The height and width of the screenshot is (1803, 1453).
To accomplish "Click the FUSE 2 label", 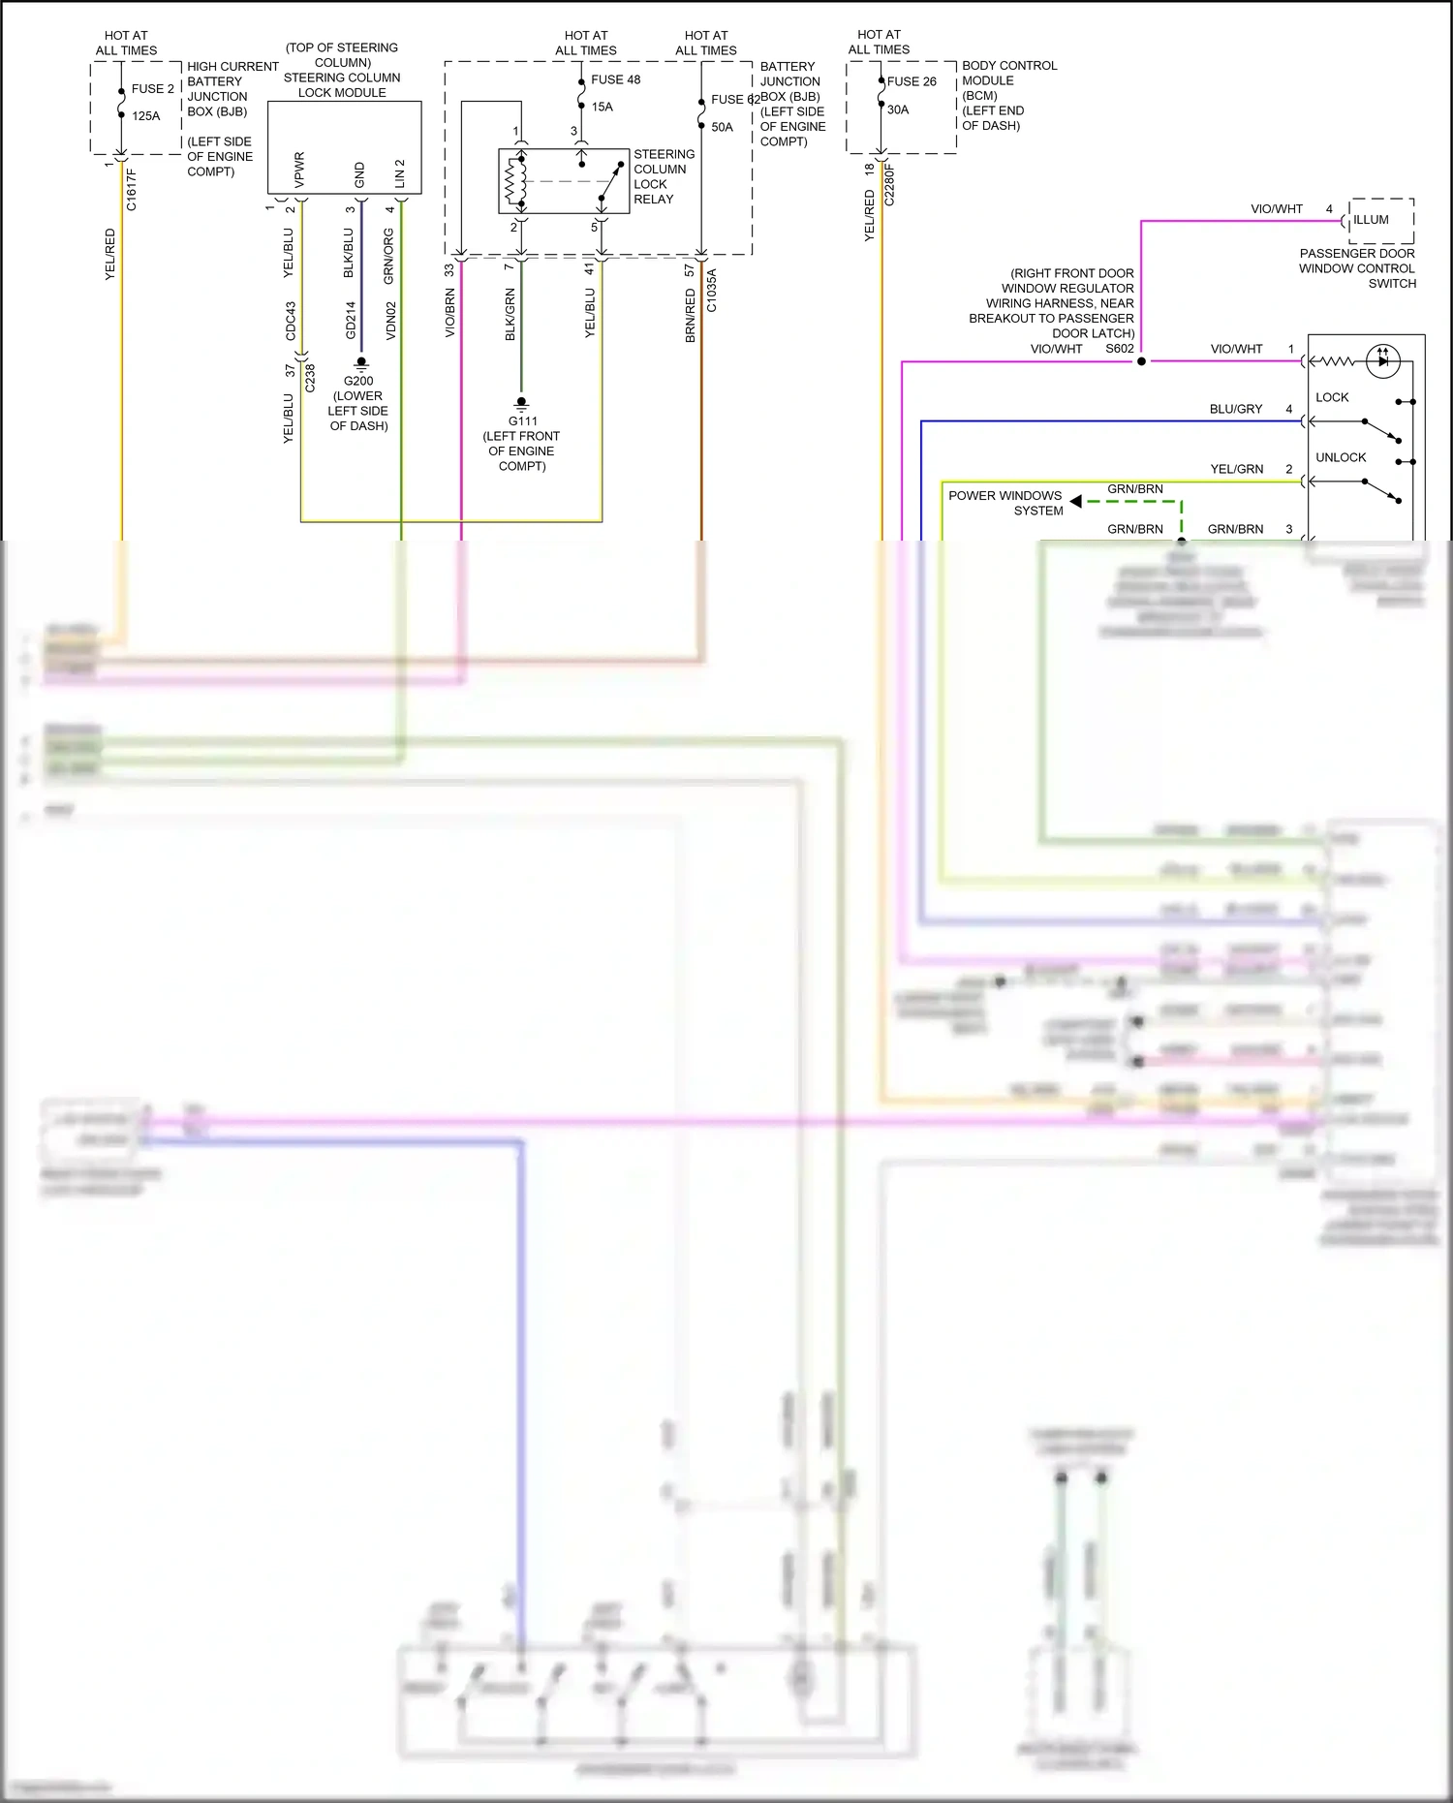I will point(153,89).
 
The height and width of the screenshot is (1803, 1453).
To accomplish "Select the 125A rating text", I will point(146,116).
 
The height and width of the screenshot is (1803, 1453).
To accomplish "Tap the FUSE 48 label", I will point(616,79).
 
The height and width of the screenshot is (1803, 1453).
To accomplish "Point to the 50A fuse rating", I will point(722,127).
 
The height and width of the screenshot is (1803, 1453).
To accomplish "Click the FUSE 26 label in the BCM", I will point(912,81).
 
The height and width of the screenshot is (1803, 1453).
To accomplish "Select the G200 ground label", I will point(358,381).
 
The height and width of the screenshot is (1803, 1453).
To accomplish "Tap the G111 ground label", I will point(523,421).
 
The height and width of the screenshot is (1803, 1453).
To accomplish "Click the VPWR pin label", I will point(299,170).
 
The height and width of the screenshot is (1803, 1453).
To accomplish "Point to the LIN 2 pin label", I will point(400,173).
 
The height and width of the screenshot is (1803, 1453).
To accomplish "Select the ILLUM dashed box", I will point(1380,221).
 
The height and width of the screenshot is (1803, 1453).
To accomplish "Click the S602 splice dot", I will point(1141,361).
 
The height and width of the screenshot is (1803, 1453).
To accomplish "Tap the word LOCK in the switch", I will point(1332,397).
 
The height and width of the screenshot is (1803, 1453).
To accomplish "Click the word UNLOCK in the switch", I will point(1341,457).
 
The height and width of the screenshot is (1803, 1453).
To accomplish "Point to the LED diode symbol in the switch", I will point(1382,360).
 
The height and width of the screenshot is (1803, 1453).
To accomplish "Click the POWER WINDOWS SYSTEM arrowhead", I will point(1076,502).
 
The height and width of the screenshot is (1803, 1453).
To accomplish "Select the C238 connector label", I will point(310,378).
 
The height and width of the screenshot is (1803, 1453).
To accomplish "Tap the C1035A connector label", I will point(711,291).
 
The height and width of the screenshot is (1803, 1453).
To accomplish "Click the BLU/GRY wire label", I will point(1235,409).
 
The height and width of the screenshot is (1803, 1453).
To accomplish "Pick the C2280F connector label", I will point(889,185).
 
